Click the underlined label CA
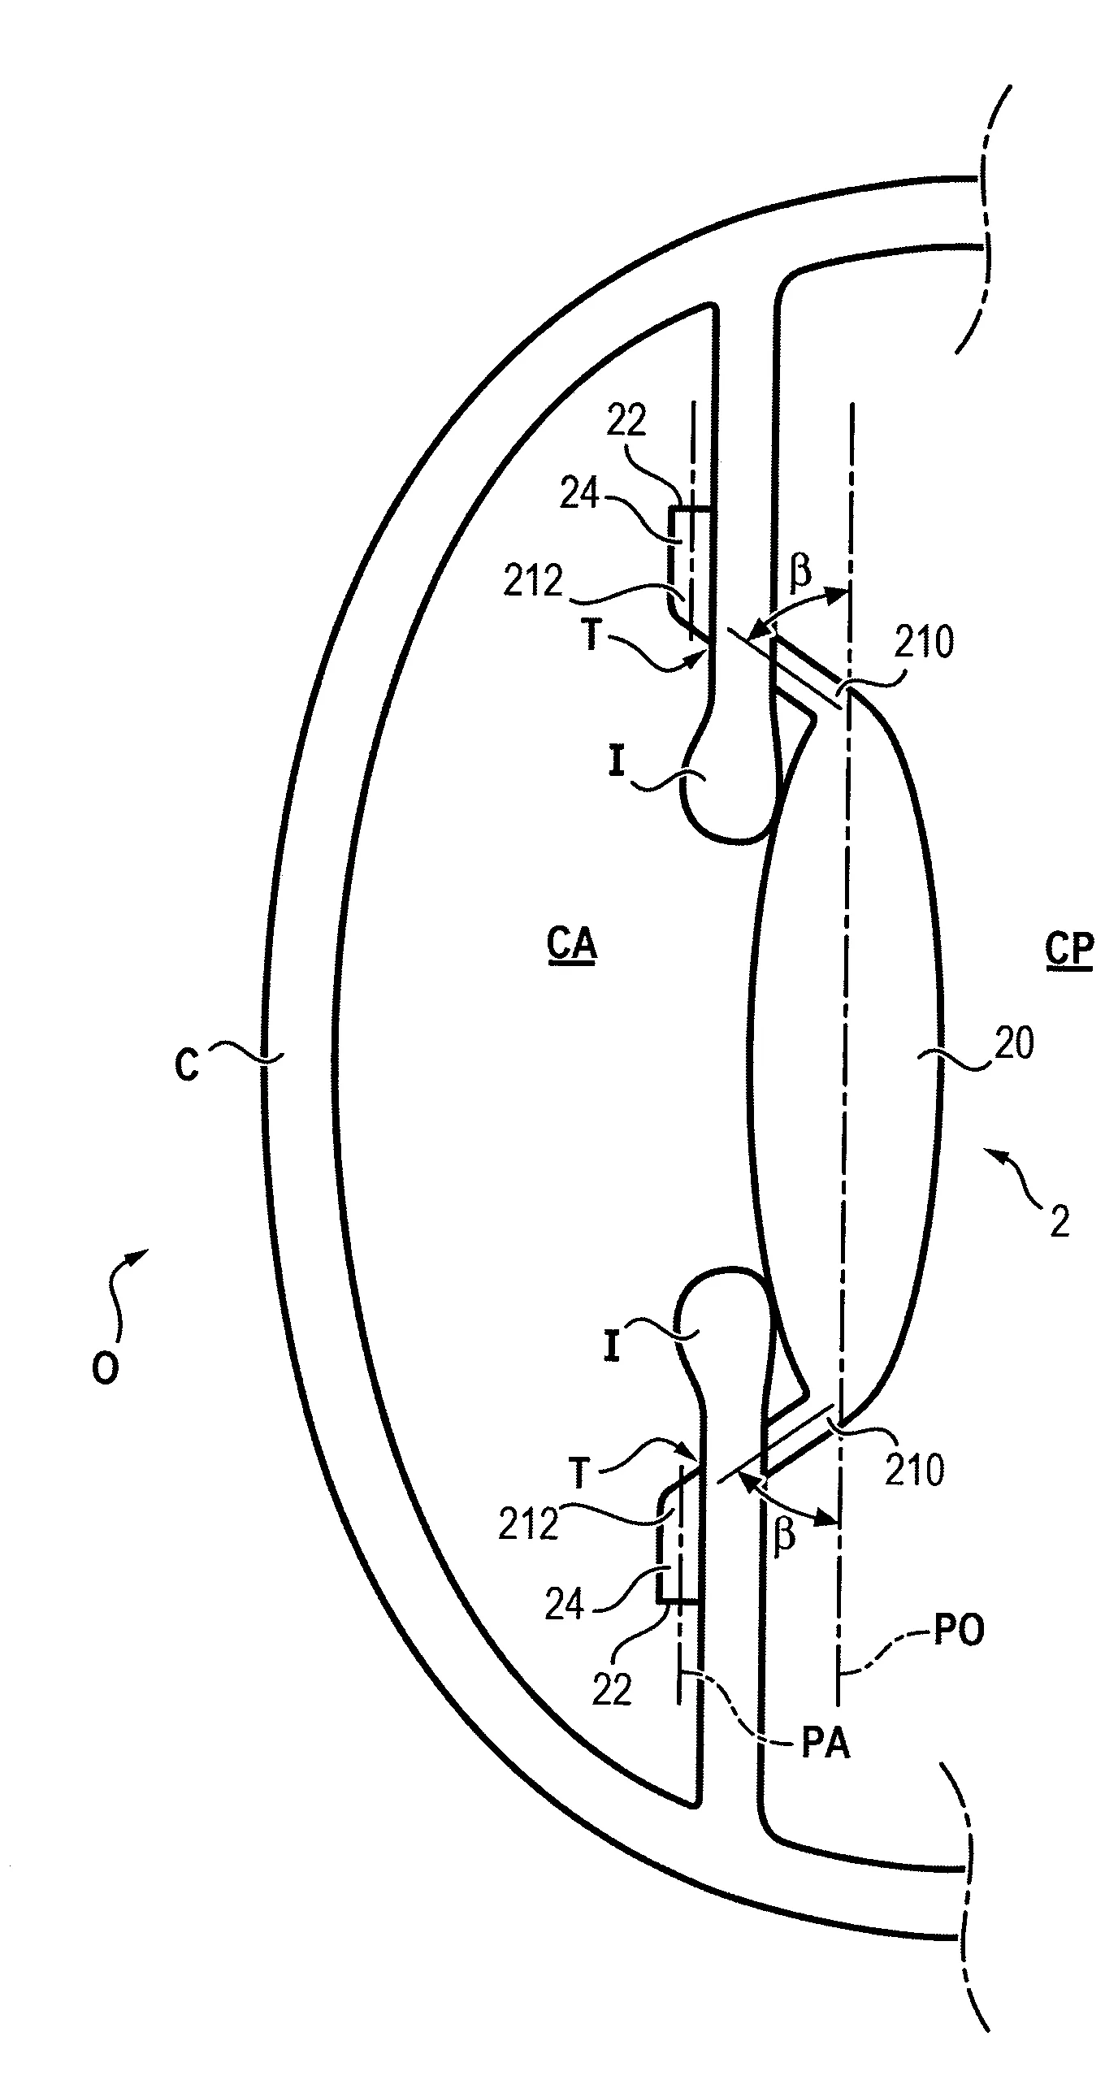(x=572, y=946)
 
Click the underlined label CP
(x=1069, y=950)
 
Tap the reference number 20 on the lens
(x=1012, y=1043)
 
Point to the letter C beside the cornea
(x=187, y=1064)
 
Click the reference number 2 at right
(x=1059, y=1245)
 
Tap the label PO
(x=960, y=1630)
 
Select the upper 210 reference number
(x=925, y=643)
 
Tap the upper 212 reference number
(x=532, y=582)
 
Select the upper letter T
(x=591, y=635)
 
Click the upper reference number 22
(x=626, y=421)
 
